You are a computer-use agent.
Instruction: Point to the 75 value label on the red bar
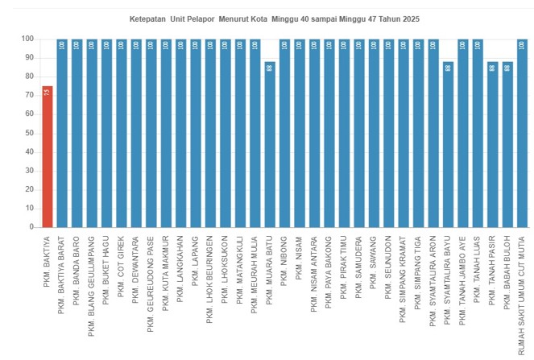point(48,93)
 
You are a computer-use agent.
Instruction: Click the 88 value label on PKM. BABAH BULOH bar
point(507,68)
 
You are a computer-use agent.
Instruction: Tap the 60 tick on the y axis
point(28,114)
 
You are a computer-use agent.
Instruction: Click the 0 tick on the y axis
point(31,227)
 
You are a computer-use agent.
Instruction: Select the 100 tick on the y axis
point(27,39)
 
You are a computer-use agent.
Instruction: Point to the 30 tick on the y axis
point(28,171)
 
